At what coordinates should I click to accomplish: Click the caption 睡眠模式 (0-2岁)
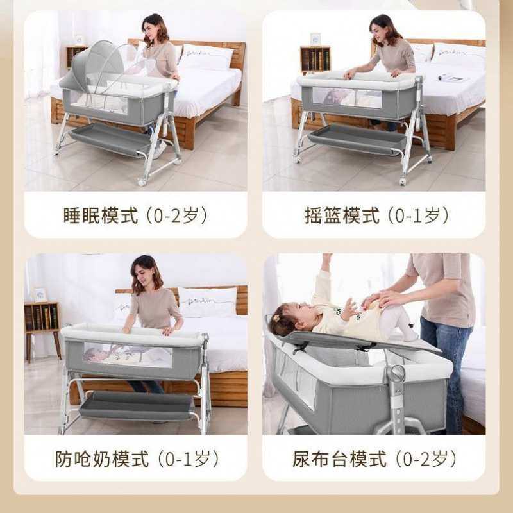point(135,215)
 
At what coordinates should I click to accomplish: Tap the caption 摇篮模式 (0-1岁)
point(376,215)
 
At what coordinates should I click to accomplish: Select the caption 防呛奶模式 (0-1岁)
point(137,459)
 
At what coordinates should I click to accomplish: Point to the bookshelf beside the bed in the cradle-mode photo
point(315,60)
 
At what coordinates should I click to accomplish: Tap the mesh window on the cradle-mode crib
point(347,97)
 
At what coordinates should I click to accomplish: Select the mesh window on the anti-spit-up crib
point(128,355)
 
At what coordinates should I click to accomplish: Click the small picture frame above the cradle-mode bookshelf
point(315,38)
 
